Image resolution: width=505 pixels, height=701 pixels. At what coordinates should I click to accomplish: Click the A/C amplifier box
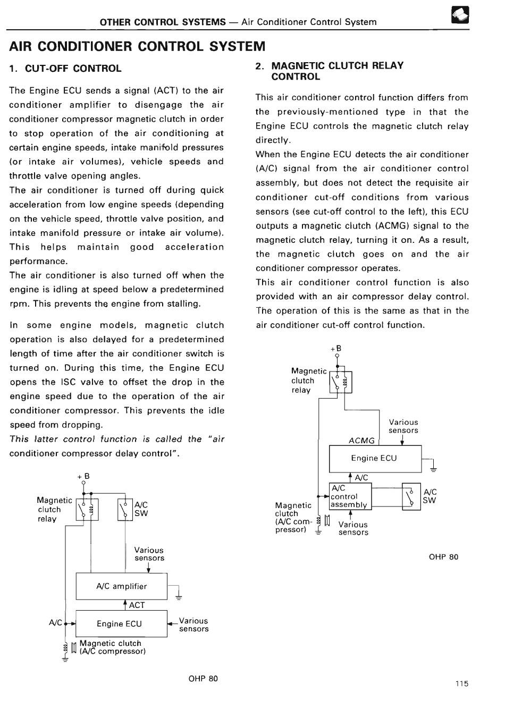coord(121,586)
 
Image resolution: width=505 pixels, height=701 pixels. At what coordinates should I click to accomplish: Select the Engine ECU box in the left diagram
coord(121,624)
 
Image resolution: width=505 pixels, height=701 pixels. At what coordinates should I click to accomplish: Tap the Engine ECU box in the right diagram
coord(375,458)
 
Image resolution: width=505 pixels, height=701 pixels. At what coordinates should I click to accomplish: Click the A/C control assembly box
coord(350,496)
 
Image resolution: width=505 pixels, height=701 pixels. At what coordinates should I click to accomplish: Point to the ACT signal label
coord(137,605)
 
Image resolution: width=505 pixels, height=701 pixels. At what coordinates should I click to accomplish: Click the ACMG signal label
coord(361,441)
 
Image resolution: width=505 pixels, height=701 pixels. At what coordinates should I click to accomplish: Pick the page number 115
coord(462,684)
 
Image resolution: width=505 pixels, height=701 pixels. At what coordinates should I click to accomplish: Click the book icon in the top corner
coord(459,18)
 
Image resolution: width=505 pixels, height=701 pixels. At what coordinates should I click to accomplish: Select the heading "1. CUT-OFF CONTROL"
coord(65,69)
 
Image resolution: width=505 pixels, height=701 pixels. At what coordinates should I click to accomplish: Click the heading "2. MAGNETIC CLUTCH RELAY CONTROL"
coord(329,71)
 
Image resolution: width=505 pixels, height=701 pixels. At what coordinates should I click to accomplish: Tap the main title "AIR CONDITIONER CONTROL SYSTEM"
coord(137,46)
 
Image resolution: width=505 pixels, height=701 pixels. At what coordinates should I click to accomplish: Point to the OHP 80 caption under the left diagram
coord(203,679)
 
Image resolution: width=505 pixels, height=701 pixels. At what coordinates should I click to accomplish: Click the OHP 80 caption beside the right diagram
coord(443,557)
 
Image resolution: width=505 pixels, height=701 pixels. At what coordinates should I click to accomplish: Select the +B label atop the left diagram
coord(83,477)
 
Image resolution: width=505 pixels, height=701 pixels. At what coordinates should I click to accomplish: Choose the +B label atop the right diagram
coord(336,349)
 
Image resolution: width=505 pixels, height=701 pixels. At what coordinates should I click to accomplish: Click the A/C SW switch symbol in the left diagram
coord(125,510)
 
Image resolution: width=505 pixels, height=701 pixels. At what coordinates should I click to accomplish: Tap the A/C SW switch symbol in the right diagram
coord(411,496)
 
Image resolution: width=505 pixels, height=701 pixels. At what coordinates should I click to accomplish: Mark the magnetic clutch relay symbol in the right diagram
coord(340,382)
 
